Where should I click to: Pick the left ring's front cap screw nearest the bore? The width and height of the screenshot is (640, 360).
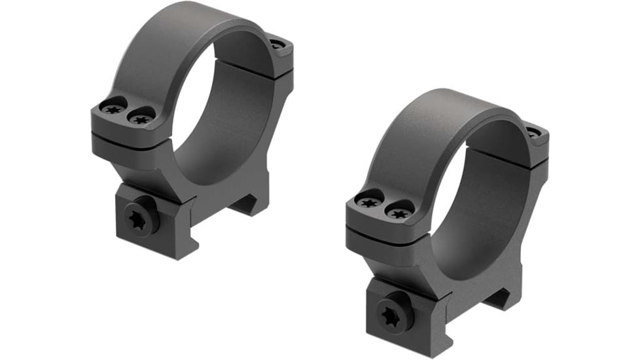(141, 118)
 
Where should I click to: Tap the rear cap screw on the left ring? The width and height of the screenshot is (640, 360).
(277, 45)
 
